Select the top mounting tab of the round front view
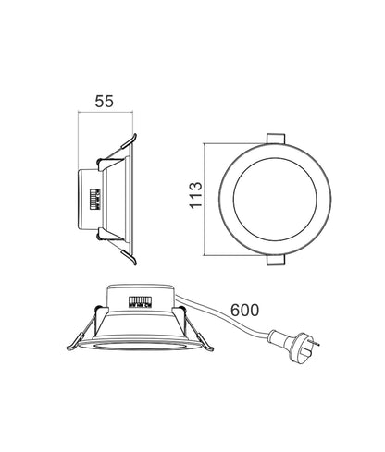click(x=275, y=138)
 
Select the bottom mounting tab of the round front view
click(x=275, y=263)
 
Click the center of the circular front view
click(x=275, y=201)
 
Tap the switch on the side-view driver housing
click(x=93, y=201)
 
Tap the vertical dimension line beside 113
click(x=205, y=201)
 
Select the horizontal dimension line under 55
click(x=105, y=112)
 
